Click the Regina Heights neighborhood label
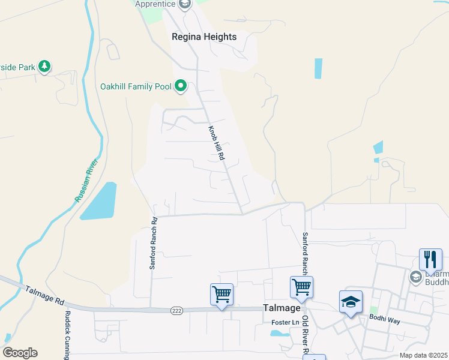(204, 37)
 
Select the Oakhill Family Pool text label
(135, 86)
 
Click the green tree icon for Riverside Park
(44, 66)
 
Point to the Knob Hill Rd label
(217, 142)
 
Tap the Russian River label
(86, 180)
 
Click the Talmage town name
(282, 308)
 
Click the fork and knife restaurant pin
(430, 259)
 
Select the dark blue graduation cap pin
(351, 302)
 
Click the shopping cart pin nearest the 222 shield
(221, 295)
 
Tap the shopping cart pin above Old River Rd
(301, 287)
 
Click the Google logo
(20, 352)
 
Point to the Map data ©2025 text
(423, 355)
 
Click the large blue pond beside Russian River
(100, 200)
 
